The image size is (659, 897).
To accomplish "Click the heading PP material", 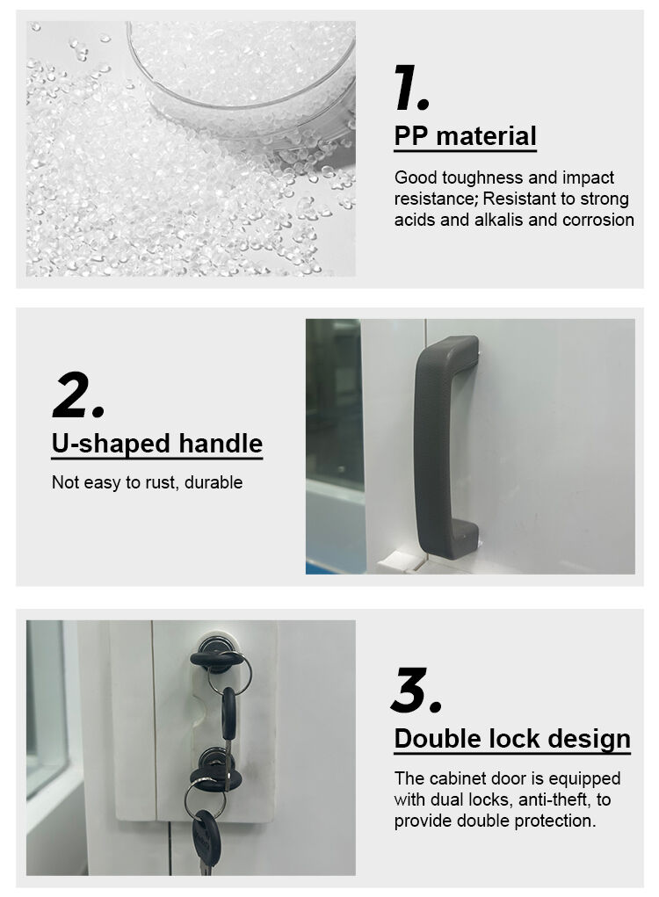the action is [x=465, y=137].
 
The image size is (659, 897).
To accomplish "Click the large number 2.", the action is [x=78, y=394].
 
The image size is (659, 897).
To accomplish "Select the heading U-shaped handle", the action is [x=157, y=444].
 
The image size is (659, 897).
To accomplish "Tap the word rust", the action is [x=163, y=483].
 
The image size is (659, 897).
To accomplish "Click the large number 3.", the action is [x=416, y=691].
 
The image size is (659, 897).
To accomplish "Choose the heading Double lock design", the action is [x=512, y=739].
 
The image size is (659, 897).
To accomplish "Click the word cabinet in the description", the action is [x=454, y=778].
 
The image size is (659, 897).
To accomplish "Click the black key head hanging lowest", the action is [x=206, y=836].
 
